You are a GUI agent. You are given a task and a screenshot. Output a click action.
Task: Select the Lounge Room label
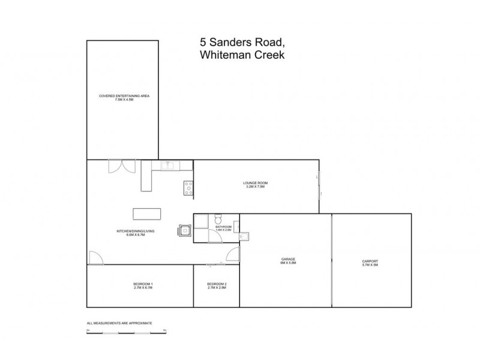(x=255, y=184)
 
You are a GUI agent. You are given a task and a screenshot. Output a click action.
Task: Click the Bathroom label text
(x=223, y=228)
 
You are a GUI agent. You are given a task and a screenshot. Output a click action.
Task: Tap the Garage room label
(x=288, y=260)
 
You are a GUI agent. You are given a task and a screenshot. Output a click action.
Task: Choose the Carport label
(x=370, y=262)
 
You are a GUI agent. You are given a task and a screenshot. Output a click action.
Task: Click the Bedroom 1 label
(x=143, y=286)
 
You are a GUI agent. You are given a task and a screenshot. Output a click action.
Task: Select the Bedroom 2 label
(x=216, y=286)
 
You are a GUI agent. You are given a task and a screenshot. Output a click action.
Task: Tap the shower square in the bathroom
(x=200, y=220)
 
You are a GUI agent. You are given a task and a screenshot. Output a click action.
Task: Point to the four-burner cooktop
(x=188, y=188)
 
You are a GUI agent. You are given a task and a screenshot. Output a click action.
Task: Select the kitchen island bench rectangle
(x=148, y=214)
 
